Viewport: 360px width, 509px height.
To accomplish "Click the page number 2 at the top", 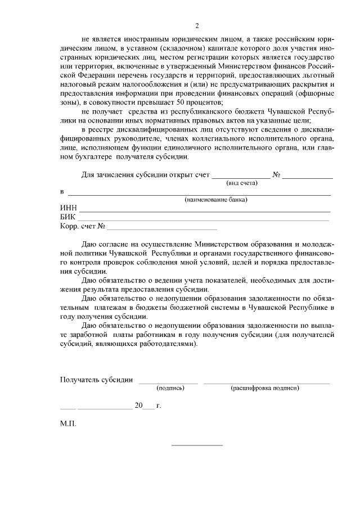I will pos(197,26).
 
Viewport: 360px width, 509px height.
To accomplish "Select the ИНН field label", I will pos(69,208).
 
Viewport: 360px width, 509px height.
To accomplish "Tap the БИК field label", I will pos(68,218).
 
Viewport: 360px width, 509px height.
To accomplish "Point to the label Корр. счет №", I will pos(83,227).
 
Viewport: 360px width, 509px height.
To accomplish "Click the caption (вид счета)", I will pos(241,183).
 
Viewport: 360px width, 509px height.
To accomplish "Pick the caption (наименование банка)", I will pos(217,200).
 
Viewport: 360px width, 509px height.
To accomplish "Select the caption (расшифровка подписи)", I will pos(264,388).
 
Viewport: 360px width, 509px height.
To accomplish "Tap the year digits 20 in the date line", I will pos(139,405).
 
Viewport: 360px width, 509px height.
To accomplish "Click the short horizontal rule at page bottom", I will pos(196,445).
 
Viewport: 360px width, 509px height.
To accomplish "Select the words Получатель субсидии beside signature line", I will pos(96,380).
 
